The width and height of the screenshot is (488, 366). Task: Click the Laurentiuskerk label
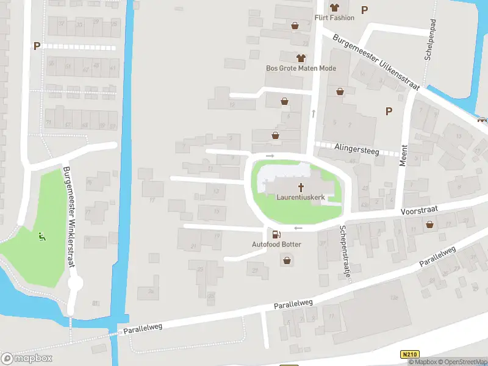tap(300, 198)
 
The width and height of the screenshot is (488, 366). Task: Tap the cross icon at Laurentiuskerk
tap(301, 187)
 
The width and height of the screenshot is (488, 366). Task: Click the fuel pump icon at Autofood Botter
tap(276, 234)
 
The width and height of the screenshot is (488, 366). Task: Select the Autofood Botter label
tap(276, 244)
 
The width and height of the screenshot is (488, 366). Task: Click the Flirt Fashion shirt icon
tap(334, 7)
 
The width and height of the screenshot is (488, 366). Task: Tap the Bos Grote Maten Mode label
tap(301, 68)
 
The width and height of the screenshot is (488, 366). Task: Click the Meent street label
tap(403, 152)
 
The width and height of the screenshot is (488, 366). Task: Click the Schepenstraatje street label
tap(345, 251)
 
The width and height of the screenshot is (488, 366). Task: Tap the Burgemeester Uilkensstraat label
tap(376, 62)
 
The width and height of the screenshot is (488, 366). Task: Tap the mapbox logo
tap(27, 358)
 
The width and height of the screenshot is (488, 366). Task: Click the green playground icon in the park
tap(41, 236)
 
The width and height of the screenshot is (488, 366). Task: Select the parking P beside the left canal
tap(37, 46)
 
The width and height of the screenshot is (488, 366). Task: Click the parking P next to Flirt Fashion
tap(365, 9)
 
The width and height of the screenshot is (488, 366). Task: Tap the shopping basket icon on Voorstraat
tap(431, 224)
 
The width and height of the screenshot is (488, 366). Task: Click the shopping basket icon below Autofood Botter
tap(286, 260)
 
